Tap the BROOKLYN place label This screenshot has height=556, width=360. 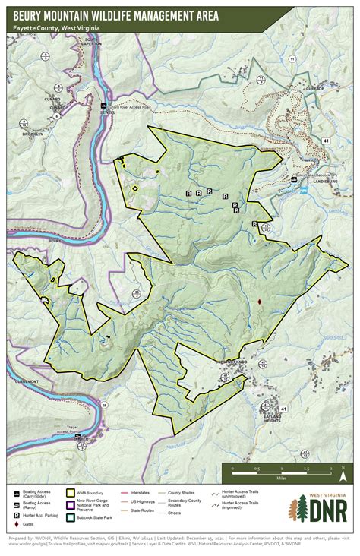click(33, 134)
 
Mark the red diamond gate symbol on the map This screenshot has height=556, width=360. click(260, 302)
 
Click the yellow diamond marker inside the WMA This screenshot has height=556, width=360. click(135, 188)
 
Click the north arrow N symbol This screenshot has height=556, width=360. click(343, 477)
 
